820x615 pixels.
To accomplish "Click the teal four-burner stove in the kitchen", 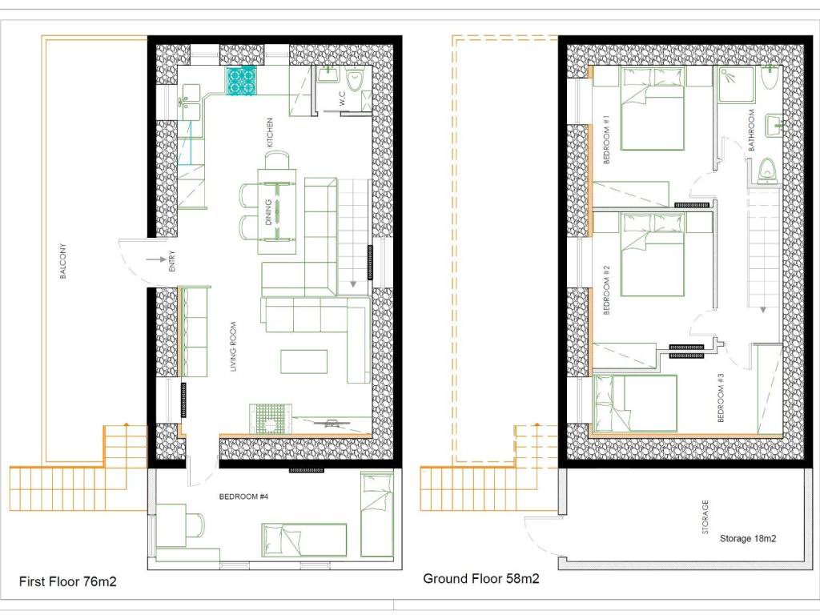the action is click(x=241, y=82).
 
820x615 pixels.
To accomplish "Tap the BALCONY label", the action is click(x=63, y=261).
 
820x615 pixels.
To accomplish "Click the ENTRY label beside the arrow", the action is click(x=172, y=262).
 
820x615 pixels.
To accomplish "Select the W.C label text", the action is click(x=342, y=98).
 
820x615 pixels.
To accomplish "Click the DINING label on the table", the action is click(x=268, y=212).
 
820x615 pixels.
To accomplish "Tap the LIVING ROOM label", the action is click(x=233, y=347).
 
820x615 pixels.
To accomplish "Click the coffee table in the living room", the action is click(x=303, y=362).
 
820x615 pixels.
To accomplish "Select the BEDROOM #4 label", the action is click(x=243, y=496).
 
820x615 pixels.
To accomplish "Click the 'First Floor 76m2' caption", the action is click(x=68, y=581).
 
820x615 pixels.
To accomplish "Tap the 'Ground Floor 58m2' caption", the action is click(x=481, y=578).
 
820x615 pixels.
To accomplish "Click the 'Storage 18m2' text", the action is click(x=748, y=539).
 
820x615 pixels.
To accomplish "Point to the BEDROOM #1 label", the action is click(x=607, y=139).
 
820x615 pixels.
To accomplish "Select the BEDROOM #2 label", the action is click(x=607, y=290).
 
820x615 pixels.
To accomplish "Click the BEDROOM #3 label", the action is click(x=722, y=397).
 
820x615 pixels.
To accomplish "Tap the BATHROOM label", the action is click(x=751, y=131).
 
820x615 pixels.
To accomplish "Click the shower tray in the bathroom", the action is click(x=736, y=84).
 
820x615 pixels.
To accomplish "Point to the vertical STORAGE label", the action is click(x=705, y=517).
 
